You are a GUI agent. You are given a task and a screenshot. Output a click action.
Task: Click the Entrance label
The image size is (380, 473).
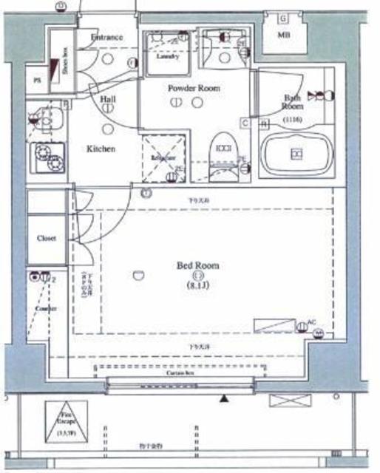106,38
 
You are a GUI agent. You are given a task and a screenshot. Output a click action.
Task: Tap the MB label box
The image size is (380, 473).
283,35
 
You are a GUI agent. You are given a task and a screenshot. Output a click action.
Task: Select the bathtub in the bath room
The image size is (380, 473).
296,153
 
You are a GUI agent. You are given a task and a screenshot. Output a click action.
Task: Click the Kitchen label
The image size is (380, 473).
101,149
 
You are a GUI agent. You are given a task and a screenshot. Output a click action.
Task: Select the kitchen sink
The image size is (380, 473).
45,118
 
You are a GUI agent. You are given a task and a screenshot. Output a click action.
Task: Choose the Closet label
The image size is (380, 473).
47,238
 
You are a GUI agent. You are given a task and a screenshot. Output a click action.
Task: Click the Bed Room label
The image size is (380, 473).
197,265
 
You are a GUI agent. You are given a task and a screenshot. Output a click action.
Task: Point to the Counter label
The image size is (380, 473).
46,308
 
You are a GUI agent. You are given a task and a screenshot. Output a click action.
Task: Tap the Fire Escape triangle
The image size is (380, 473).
67,421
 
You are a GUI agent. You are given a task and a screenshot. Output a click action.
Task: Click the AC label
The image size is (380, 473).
311,322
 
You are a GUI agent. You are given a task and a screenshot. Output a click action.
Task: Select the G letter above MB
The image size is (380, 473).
283,18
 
